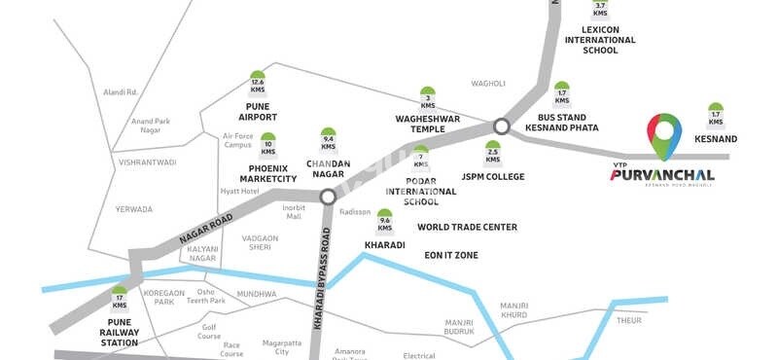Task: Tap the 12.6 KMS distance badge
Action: click(x=258, y=81)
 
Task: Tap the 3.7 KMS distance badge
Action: click(x=600, y=10)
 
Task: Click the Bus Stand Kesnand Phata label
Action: click(x=562, y=122)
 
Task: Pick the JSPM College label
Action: click(x=492, y=177)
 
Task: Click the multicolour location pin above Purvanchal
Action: click(x=665, y=134)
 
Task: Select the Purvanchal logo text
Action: click(x=662, y=174)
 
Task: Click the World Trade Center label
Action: click(x=467, y=228)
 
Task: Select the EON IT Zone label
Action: click(x=451, y=254)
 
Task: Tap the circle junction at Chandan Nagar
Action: click(x=328, y=197)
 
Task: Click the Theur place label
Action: click(x=630, y=319)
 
